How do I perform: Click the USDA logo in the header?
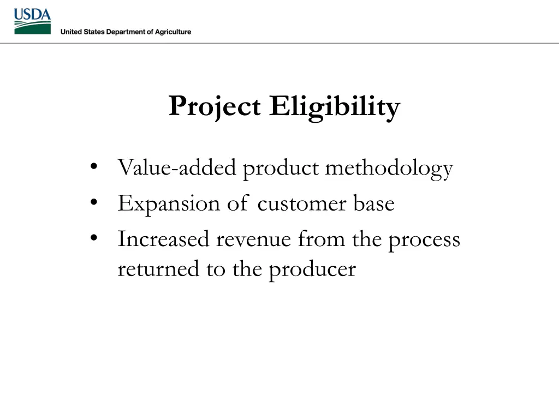click(32, 21)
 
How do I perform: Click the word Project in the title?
click(215, 106)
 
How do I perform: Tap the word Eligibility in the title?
click(334, 106)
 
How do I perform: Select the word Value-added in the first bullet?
click(176, 168)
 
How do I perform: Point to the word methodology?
click(389, 169)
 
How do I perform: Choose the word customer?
click(301, 204)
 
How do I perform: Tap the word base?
click(373, 204)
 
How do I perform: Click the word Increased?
click(163, 240)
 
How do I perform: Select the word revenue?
click(253, 240)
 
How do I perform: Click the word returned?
click(158, 269)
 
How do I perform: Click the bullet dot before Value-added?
click(94, 166)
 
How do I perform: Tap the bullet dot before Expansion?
click(94, 202)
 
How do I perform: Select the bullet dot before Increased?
click(94, 238)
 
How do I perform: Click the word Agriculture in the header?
click(171, 32)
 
